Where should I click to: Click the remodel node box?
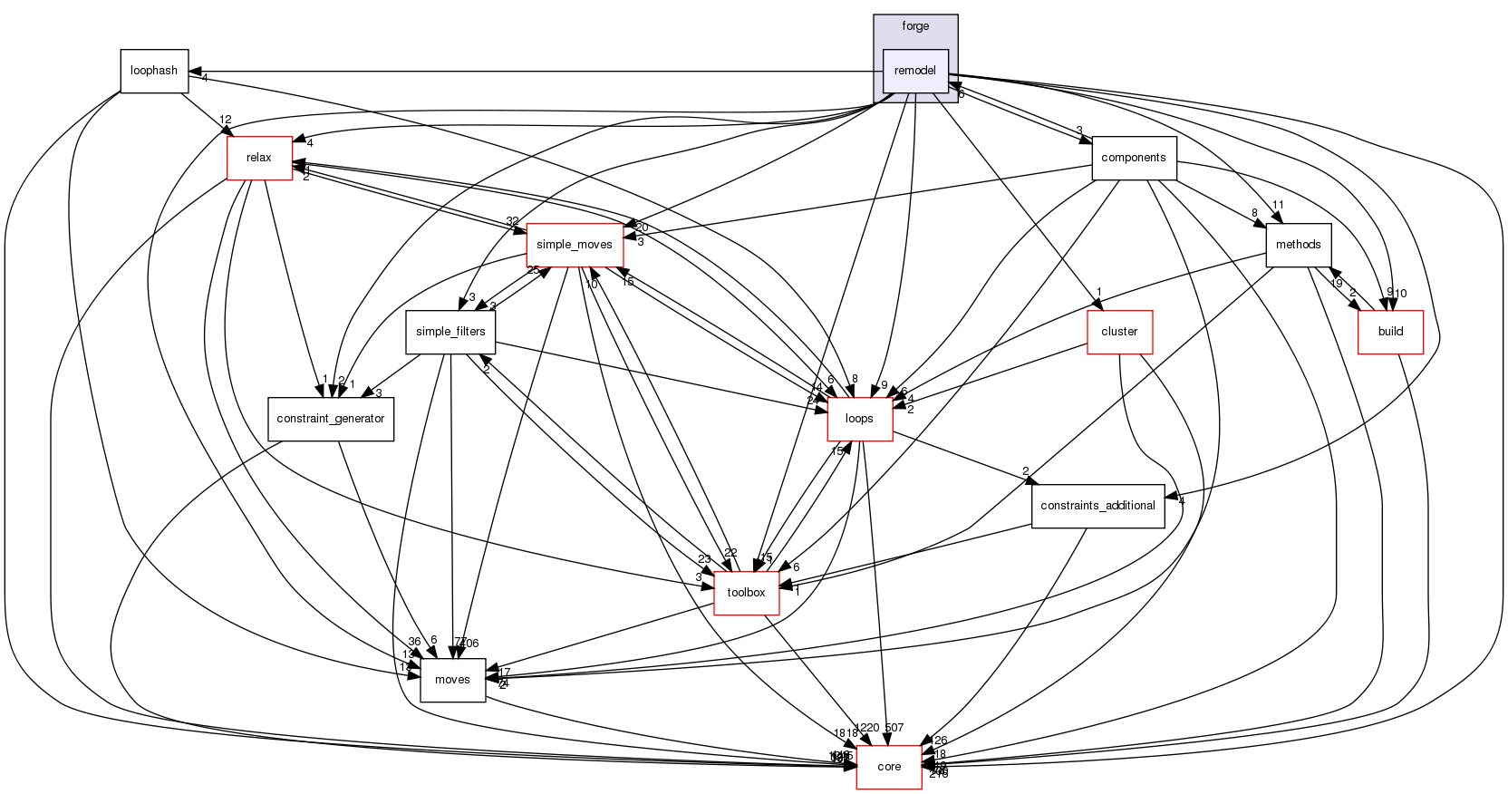click(x=915, y=71)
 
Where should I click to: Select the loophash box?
click(x=154, y=71)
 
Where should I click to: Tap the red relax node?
click(x=259, y=158)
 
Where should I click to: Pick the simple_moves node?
click(x=575, y=245)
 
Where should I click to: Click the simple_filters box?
click(x=450, y=332)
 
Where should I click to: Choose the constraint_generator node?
click(x=331, y=419)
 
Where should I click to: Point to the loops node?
click(x=859, y=419)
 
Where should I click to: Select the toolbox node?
click(x=746, y=593)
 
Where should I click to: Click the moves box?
click(x=452, y=680)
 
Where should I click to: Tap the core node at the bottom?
click(x=889, y=767)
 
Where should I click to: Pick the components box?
click(x=1134, y=158)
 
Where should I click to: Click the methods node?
click(x=1298, y=245)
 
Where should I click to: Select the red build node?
click(x=1390, y=332)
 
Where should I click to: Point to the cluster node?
click(x=1119, y=332)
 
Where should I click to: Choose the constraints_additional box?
click(x=1097, y=506)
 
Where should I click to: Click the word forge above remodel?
click(x=915, y=26)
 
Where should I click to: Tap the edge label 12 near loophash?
click(x=226, y=121)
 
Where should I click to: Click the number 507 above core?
click(x=894, y=728)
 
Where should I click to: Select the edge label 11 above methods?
click(x=1278, y=205)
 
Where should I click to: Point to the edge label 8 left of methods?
click(x=1255, y=214)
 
